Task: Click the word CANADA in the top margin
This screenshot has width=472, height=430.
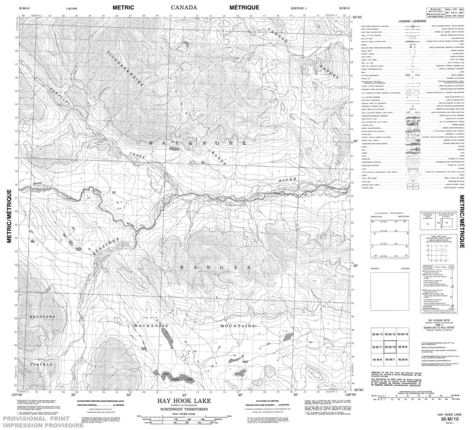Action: point(184,8)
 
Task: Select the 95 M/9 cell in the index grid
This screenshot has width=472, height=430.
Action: point(402,348)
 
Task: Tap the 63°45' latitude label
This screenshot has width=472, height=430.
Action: point(355,16)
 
